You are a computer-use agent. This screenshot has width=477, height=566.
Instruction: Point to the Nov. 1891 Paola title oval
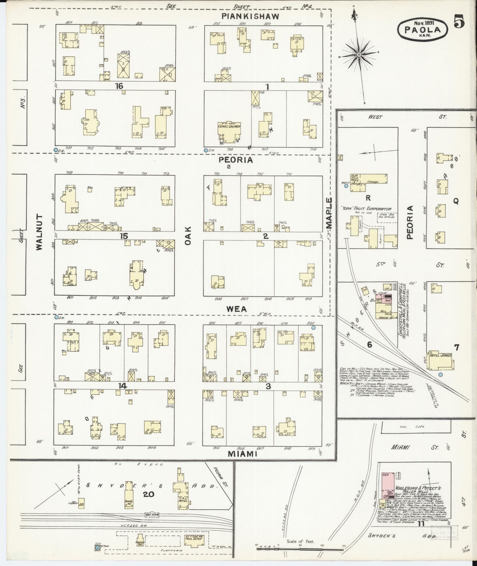coord(423,29)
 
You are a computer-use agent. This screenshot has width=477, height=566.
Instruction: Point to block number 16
coord(119,86)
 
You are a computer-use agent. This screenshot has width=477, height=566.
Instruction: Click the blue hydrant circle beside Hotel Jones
coord(440,375)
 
